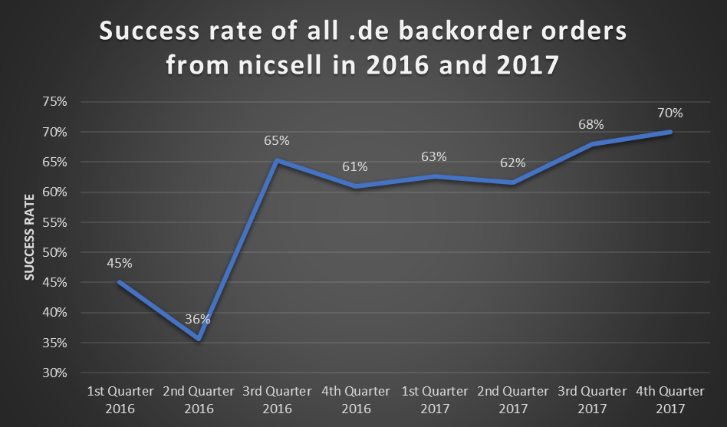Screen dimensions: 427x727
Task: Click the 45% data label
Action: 120,263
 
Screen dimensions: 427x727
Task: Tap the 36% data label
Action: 198,319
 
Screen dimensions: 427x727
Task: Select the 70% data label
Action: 669,113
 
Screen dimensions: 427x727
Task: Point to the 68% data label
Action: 591,124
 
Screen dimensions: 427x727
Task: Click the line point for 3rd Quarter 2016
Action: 277,160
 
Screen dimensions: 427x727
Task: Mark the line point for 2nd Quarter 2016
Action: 199,338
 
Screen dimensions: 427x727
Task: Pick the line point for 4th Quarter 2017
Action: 671,132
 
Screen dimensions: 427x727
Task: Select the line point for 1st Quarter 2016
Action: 120,281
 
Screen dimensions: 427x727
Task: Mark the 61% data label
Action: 355,166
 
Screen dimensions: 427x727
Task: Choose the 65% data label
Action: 277,140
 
